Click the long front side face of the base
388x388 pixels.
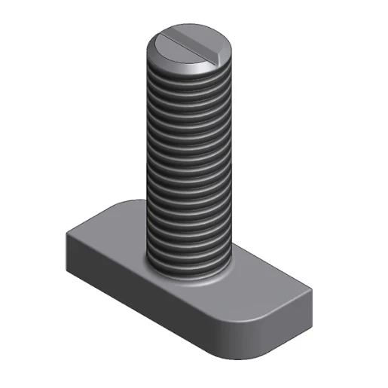coord(151,301)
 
